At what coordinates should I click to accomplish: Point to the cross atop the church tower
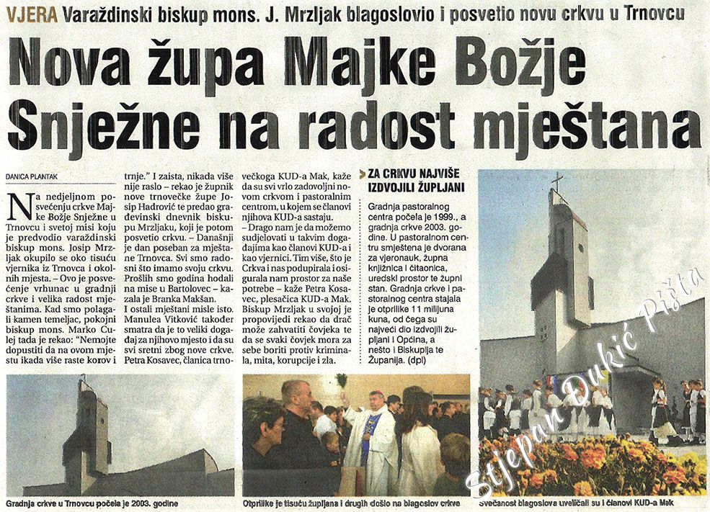pos(556,181)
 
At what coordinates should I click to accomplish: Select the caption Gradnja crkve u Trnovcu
pos(92,503)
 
